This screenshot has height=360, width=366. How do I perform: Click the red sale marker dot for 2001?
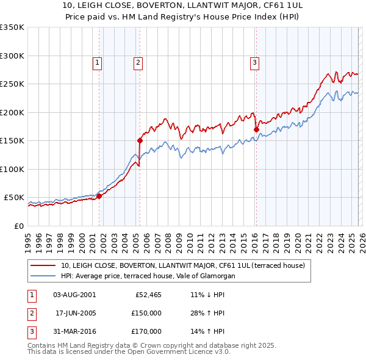[99, 196]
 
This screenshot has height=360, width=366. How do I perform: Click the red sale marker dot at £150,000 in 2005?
[140, 140]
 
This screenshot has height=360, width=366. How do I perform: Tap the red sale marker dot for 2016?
[256, 129]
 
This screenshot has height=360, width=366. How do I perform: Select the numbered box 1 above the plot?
[98, 62]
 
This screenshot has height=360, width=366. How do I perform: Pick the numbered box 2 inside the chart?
[138, 62]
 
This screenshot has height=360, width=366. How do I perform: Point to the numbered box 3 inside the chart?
[254, 62]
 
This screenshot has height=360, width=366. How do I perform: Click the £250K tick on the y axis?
[12, 84]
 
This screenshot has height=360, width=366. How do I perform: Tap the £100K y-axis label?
[12, 169]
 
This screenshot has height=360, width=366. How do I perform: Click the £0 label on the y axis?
[18, 226]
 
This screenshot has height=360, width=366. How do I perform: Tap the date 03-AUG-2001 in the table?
[74, 294]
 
